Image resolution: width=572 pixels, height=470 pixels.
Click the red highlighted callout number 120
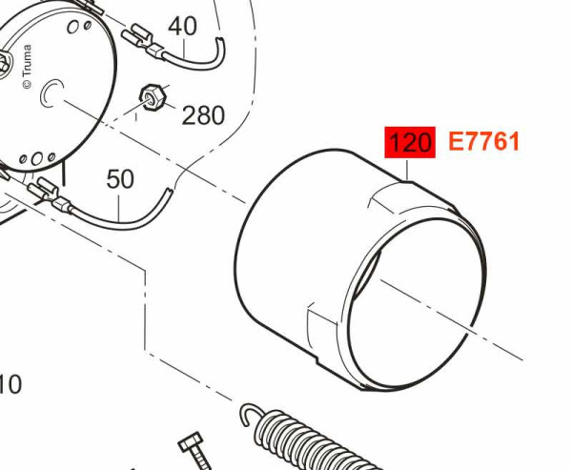[410, 142]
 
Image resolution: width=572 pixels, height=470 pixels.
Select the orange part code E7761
[483, 142]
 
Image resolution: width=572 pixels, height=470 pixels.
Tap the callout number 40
[182, 27]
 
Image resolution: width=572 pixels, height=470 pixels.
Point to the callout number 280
[203, 115]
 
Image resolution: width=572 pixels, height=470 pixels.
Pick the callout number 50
[120, 179]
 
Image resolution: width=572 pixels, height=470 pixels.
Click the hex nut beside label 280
[153, 97]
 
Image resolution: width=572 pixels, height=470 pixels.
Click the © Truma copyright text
[27, 66]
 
